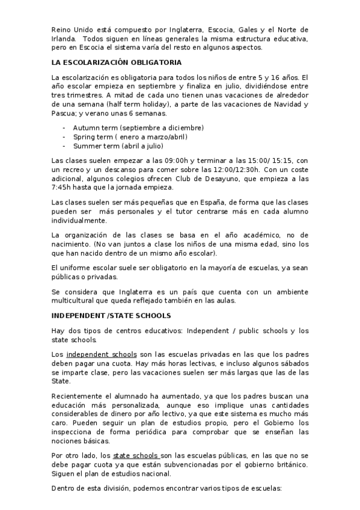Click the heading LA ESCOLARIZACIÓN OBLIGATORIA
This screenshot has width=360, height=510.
tap(117, 62)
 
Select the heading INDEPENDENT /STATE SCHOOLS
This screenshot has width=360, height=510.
tap(111, 315)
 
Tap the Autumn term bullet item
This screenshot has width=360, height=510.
tap(138, 128)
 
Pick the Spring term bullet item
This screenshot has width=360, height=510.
tap(130, 137)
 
